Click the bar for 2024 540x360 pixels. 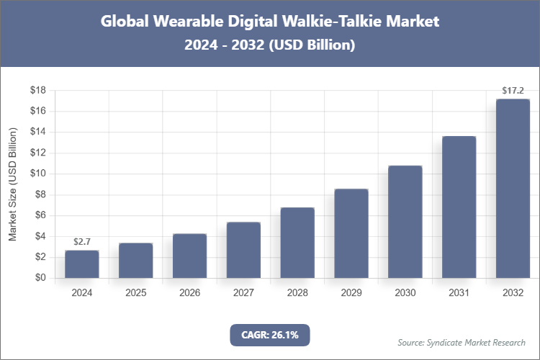pos(81,264)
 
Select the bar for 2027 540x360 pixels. pos(243,250)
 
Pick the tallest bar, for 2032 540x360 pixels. pos(513,189)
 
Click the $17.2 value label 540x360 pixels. pos(513,91)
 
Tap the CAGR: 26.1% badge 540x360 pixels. pos(269,334)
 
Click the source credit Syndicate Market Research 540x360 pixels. pos(462,342)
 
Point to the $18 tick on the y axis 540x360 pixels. pos(38,91)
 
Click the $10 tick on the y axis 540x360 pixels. pos(38,174)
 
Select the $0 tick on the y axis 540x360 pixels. pos(41,278)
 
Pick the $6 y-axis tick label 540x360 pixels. pos(41,215)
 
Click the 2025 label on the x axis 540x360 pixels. pos(135,293)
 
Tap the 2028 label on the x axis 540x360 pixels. pos(297,293)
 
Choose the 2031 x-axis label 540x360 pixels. pos(459,293)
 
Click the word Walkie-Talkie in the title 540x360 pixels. pos(326,22)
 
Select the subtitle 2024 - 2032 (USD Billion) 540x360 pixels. pos(269,45)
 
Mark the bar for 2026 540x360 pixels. pos(189,256)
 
